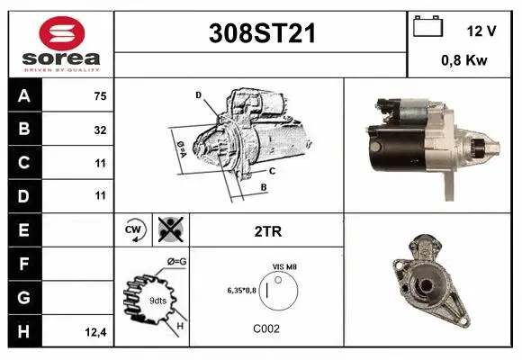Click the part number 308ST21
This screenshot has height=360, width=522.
263,34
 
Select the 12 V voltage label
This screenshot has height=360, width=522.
481,31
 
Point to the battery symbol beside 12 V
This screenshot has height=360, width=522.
427,28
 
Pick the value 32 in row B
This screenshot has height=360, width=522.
100,130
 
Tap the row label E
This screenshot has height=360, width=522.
23,229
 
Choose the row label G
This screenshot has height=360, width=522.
23,296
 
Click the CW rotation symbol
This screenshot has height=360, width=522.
132,230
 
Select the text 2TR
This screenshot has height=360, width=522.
268,231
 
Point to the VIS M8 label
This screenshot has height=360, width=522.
285,266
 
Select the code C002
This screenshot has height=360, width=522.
266,328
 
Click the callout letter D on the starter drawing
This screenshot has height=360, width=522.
198,94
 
